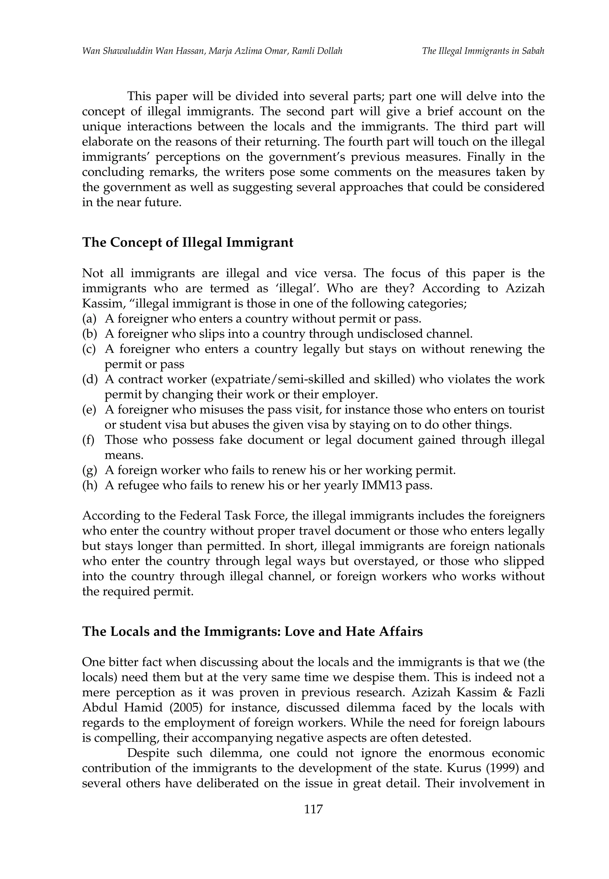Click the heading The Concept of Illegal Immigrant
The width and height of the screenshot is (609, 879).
pos(188,242)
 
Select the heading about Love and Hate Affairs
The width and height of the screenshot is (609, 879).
pos(252,631)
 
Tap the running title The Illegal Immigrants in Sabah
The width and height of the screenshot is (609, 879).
pos(483,51)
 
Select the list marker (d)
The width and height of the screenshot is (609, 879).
pos(90,379)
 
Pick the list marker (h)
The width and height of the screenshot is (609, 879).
pos(90,486)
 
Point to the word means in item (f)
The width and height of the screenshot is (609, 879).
pos(124,455)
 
